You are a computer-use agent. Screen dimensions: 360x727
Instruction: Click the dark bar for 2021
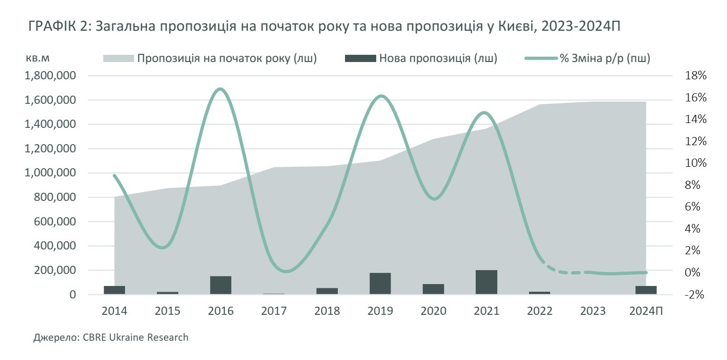pyautogui.click(x=486, y=282)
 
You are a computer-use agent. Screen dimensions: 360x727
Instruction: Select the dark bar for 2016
pyautogui.click(x=221, y=285)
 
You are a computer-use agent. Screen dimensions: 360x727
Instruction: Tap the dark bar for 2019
pyautogui.click(x=380, y=284)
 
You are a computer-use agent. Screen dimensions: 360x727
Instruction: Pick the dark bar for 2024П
pyautogui.click(x=646, y=290)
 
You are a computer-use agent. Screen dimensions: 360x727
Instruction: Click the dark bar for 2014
pyautogui.click(x=114, y=290)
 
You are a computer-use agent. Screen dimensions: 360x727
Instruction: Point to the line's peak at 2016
pyautogui.click(x=220, y=89)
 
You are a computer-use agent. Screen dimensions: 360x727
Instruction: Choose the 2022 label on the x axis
pyautogui.click(x=539, y=311)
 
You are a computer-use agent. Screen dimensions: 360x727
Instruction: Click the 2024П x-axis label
pyautogui.click(x=646, y=311)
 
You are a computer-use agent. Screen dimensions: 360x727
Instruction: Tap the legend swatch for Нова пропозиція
pyautogui.click(x=360, y=59)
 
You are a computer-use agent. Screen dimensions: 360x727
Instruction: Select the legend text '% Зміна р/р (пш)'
pyautogui.click(x=605, y=59)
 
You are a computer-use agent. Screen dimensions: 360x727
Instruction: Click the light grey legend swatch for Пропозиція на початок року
pyautogui.click(x=118, y=59)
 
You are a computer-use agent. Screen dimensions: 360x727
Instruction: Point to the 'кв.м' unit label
pyautogui.click(x=38, y=58)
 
